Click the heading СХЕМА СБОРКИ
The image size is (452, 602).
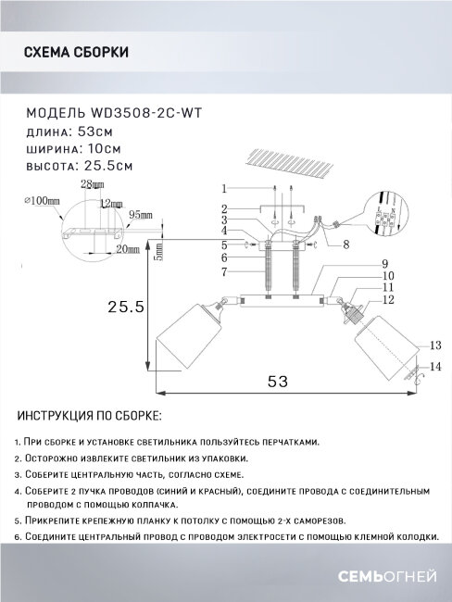pyautogui.click(x=75, y=53)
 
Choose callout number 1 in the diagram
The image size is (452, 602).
pyautogui.click(x=223, y=188)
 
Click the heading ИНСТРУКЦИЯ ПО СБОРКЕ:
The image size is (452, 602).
pyautogui.click(x=89, y=417)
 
